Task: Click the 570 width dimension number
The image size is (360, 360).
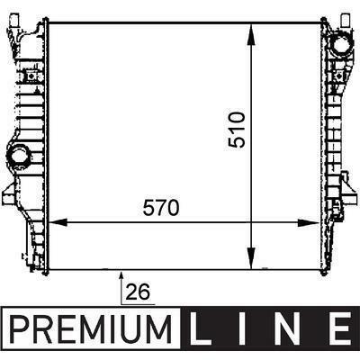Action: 161,208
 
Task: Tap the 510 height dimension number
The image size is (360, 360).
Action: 237,130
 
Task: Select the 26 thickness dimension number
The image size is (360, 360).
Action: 138,292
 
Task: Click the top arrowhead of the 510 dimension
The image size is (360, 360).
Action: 251,35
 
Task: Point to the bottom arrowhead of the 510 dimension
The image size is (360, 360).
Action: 251,258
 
